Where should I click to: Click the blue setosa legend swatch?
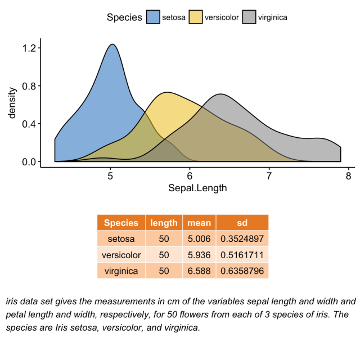point(153,17)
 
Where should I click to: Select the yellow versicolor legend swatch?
point(196,17)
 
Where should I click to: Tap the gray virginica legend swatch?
point(249,17)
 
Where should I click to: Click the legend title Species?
point(124,17)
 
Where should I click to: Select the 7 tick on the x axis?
point(269,175)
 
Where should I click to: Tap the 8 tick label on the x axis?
point(348,175)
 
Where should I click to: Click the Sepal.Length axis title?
point(197,188)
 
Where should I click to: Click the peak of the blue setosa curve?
point(113,44)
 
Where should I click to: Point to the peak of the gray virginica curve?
point(221,94)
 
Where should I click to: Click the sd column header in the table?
point(242,223)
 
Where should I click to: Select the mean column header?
point(199,223)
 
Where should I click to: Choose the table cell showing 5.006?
point(199,238)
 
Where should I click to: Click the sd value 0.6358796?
point(242,271)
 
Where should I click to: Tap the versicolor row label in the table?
point(121,255)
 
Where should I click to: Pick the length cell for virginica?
point(164,271)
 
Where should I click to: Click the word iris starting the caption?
point(13,301)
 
